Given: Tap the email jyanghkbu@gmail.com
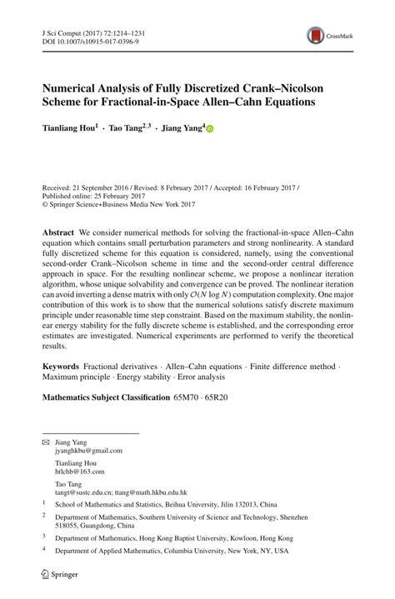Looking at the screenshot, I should pyautogui.click(x=88, y=450).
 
